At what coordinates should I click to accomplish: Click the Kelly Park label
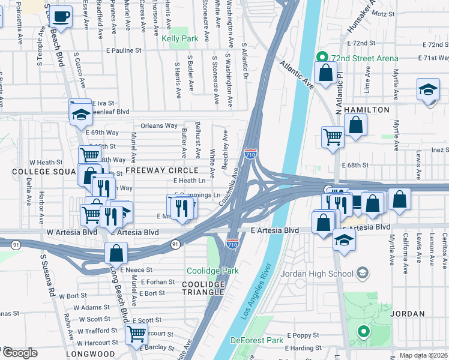coord(179,38)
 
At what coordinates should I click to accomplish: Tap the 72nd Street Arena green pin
coord(321,58)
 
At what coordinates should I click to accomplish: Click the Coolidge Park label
coord(212,271)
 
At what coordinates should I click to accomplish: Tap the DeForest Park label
coord(256,340)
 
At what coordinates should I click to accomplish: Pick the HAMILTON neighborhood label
coord(363,110)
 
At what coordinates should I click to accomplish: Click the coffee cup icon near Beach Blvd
coord(61,16)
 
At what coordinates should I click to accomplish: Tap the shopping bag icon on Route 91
coord(116,253)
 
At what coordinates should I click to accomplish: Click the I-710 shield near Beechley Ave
coord(251,154)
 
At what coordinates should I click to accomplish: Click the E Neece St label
coord(136,271)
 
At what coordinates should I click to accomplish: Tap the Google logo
coord(20,353)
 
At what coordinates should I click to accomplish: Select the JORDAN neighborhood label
coord(408,314)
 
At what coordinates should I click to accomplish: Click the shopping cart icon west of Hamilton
coord(332,136)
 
